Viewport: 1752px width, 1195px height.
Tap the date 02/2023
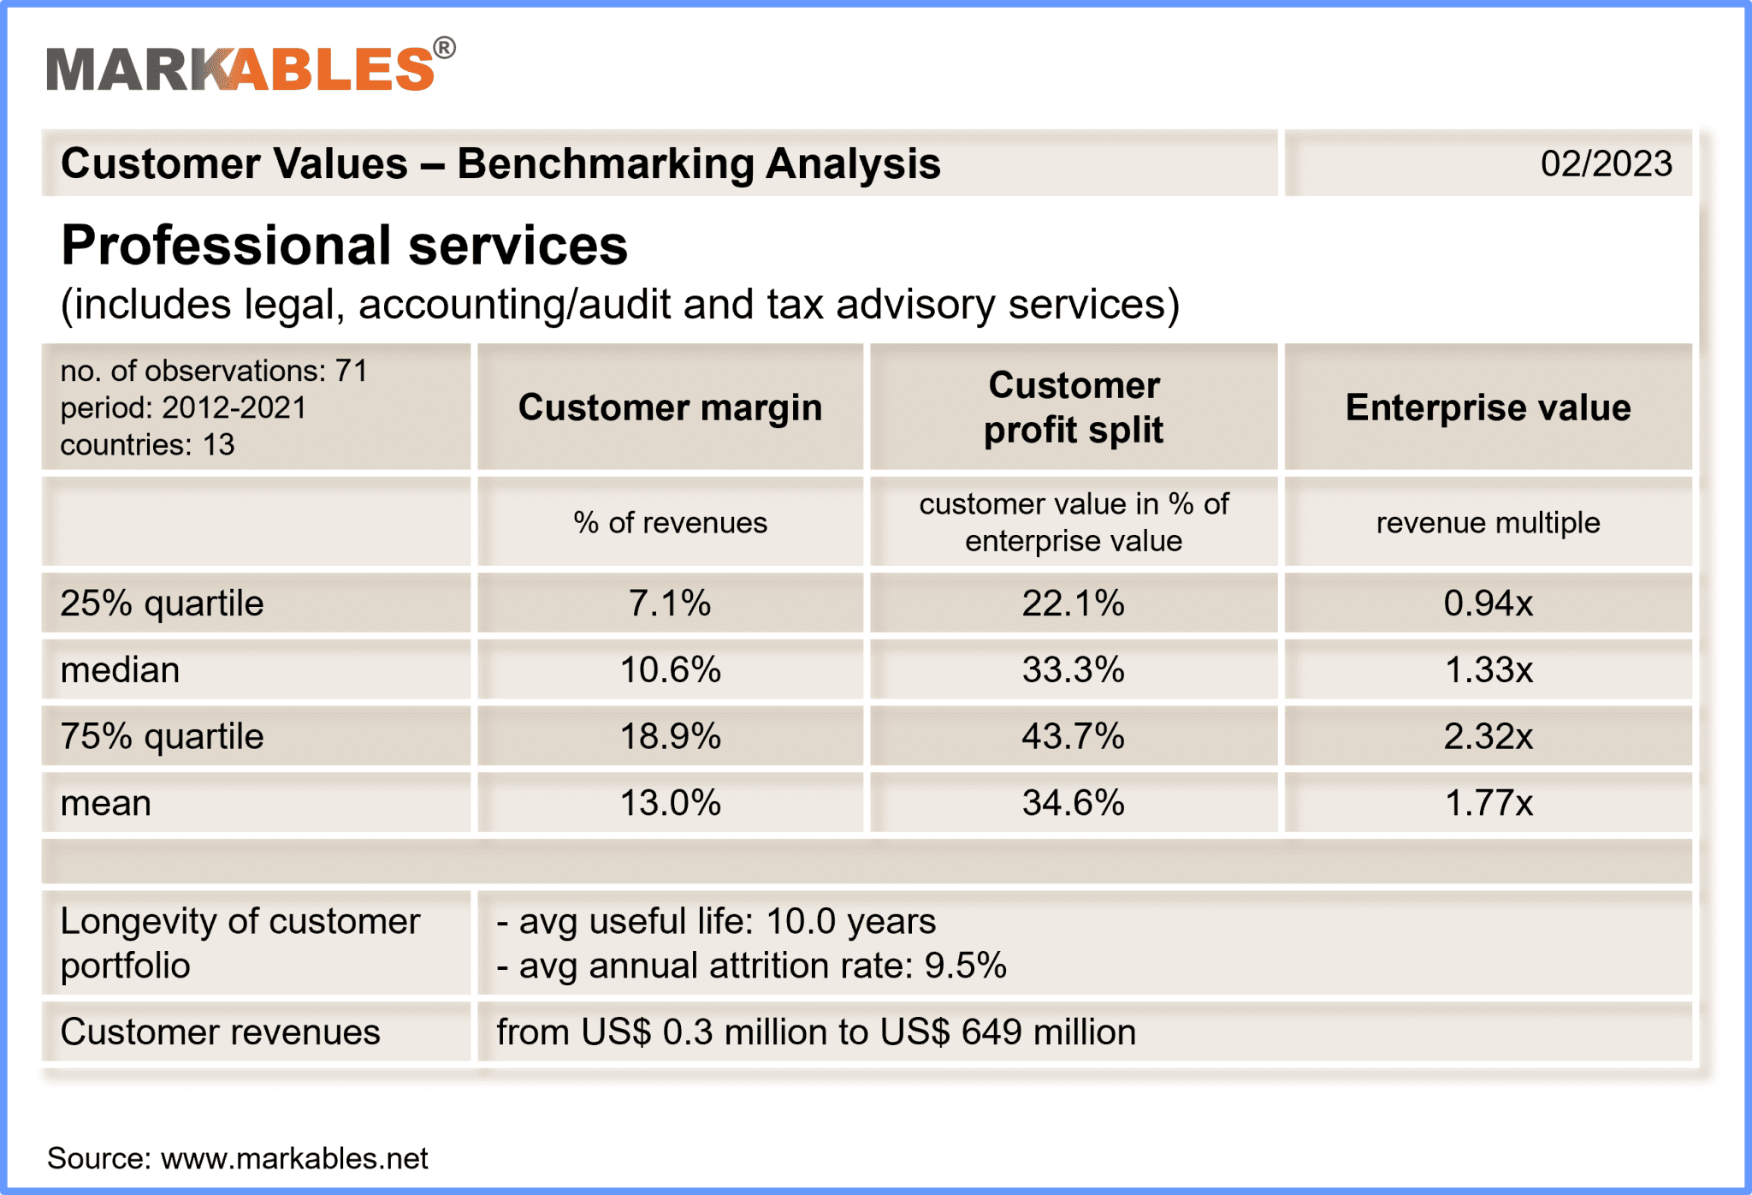1606,163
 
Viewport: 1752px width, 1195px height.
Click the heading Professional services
344,246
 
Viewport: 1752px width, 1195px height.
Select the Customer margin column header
670,407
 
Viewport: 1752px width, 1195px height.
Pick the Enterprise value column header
1488,407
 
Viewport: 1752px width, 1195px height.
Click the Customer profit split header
1074,407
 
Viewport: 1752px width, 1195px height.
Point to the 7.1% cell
670,603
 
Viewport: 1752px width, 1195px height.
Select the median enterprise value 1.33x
1488,669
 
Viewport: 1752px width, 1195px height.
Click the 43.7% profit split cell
1074,736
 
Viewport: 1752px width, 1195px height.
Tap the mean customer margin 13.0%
670,803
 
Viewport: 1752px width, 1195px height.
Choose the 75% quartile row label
162,736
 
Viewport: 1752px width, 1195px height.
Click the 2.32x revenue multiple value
1488,736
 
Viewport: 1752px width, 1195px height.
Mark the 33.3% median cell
1074,669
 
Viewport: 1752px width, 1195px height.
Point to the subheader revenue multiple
1488,522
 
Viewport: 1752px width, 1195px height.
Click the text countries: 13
147,445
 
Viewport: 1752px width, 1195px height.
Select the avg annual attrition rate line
751,966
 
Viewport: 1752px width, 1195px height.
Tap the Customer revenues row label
220,1032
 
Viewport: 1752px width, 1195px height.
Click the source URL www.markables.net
293,1158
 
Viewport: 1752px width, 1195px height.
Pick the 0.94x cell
1488,603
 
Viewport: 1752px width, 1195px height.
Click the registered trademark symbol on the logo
444,48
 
